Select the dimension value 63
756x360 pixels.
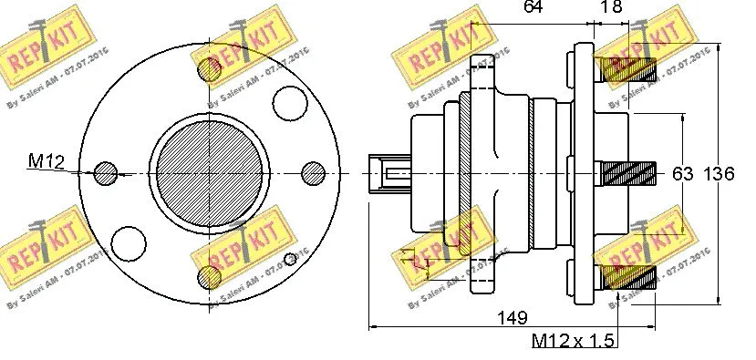point(682,173)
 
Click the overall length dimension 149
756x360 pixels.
point(513,318)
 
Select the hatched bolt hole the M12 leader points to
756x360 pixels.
point(107,171)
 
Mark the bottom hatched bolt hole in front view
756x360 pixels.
point(209,273)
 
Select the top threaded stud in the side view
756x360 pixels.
point(628,68)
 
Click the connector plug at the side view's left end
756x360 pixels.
point(382,172)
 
